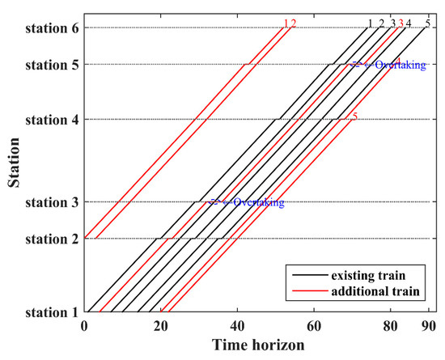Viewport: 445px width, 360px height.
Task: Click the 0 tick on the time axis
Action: [85, 326]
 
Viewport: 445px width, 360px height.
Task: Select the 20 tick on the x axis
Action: [161, 326]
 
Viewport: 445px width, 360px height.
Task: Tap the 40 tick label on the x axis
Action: [237, 326]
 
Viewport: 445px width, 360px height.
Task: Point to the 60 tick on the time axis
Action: [314, 326]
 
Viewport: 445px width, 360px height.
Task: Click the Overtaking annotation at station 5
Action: [388, 65]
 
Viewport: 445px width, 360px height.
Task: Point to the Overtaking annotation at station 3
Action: [258, 202]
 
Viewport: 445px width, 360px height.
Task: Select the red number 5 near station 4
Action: [354, 116]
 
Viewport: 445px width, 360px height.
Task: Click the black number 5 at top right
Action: [427, 23]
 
